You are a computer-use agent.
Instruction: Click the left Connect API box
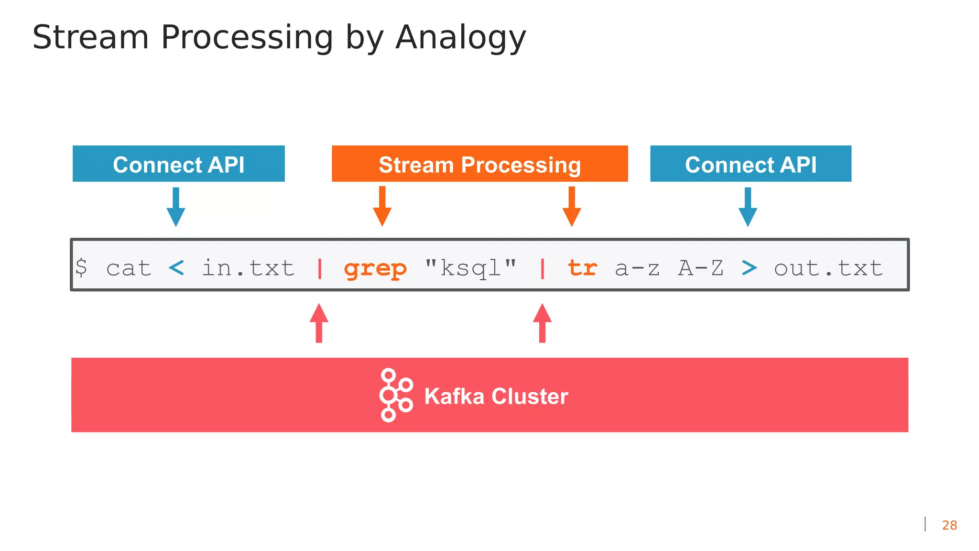pos(178,164)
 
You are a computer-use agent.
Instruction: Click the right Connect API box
pos(751,164)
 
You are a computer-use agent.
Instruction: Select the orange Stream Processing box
pos(479,164)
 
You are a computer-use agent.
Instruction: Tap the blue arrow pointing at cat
pos(176,207)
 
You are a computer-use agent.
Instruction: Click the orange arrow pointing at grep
pos(382,206)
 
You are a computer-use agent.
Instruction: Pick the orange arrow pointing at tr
pos(572,206)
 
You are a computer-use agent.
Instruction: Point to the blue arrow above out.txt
pos(748,207)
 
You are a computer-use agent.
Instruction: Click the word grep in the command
pos(375,268)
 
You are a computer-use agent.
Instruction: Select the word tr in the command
pos(582,268)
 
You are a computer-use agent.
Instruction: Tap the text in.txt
pos(248,268)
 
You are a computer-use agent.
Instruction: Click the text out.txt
pos(828,268)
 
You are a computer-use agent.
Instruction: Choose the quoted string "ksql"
pos(470,268)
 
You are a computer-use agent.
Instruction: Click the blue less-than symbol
pos(176,268)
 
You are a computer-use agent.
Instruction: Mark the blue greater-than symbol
pos(749,268)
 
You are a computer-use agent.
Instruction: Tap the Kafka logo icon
pos(396,395)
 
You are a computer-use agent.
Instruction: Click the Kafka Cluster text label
pos(496,396)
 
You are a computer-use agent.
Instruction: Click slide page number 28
pos(949,525)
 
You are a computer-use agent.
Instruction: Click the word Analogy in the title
pos(460,37)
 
